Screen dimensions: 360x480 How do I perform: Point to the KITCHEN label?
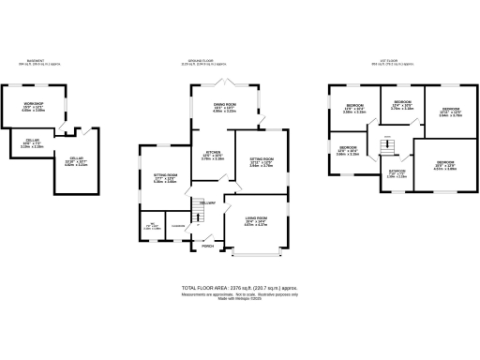pyautogui.click(x=213, y=153)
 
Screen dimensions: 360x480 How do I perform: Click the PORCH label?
pyautogui.click(x=220, y=247)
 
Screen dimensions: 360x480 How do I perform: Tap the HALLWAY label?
pyautogui.click(x=208, y=202)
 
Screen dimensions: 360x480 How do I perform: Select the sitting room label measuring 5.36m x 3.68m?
pyautogui.click(x=165, y=175)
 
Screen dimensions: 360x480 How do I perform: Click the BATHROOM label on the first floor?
pyautogui.click(x=397, y=171)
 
